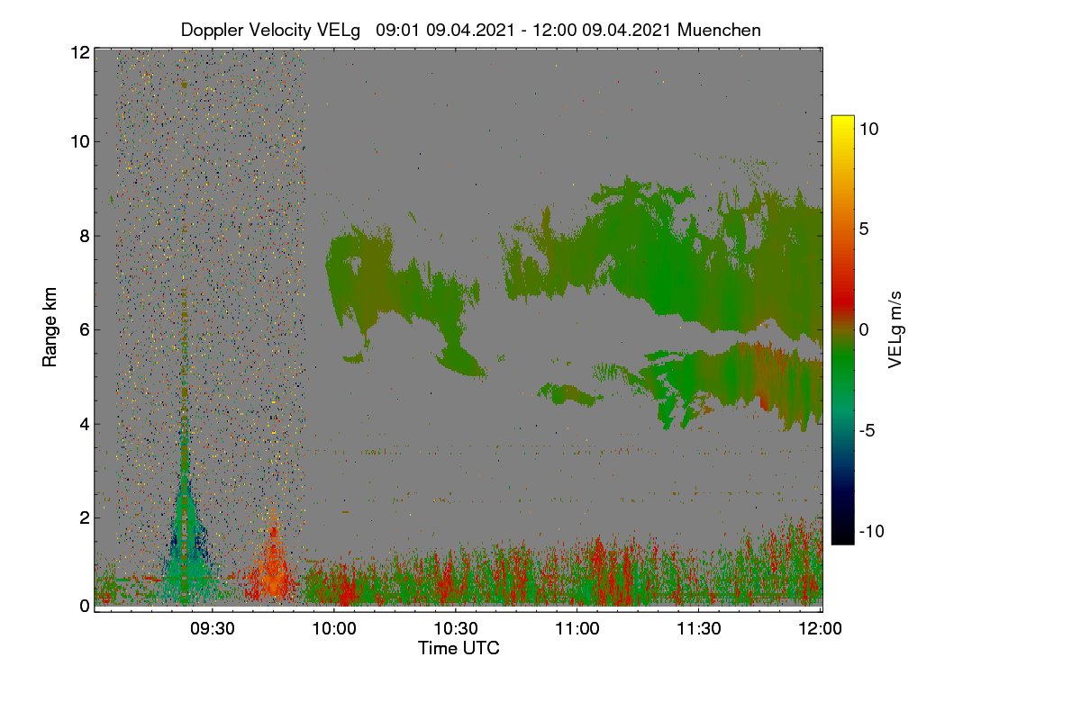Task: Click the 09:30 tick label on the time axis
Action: pos(213,629)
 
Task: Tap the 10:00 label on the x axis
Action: pos(334,629)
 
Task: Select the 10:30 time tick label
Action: pos(456,629)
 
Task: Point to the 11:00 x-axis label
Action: pos(577,629)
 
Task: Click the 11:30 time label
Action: pos(699,629)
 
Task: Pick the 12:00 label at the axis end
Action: pos(820,629)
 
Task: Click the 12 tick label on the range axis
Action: pos(80,52)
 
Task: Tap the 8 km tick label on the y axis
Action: pos(85,237)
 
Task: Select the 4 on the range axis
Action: pos(85,425)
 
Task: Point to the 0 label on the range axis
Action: pos(85,606)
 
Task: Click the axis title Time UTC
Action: pos(459,648)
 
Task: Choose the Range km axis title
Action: pos(50,327)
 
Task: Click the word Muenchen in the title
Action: pos(719,30)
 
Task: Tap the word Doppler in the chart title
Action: pos(213,31)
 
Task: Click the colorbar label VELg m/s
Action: pos(895,330)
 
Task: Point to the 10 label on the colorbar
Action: pos(869,130)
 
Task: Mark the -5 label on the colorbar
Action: pos(868,430)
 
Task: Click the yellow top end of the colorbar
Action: pos(842,118)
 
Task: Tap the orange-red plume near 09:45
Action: pos(273,564)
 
